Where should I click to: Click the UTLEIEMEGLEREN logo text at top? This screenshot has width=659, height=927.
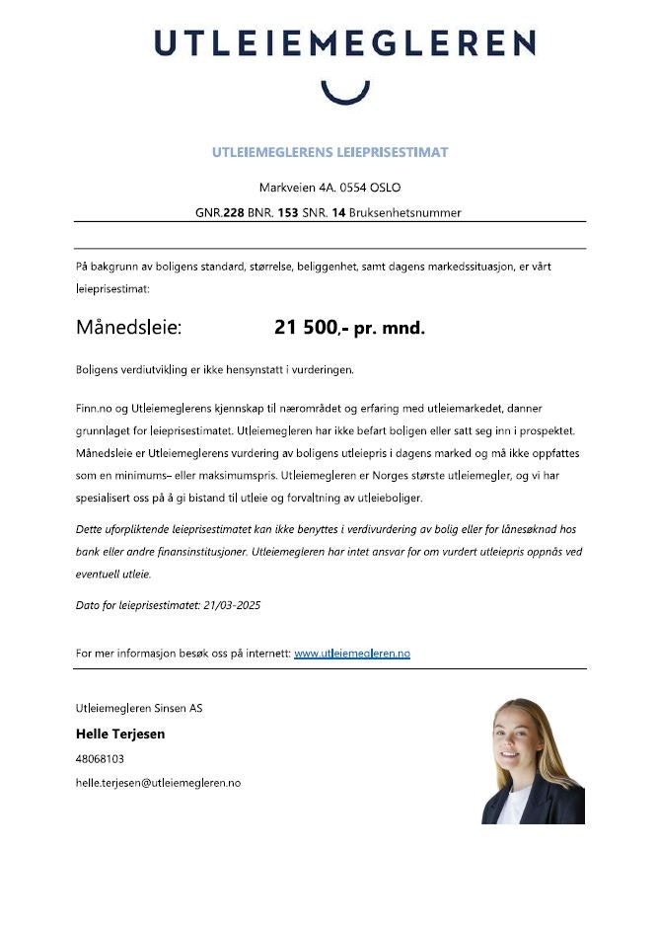pyautogui.click(x=344, y=42)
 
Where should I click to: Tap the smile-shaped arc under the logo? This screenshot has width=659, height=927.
pyautogui.click(x=345, y=92)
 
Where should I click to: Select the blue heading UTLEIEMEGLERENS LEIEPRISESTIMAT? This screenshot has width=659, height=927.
pyautogui.click(x=329, y=152)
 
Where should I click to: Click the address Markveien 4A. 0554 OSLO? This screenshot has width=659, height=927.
pyautogui.click(x=329, y=188)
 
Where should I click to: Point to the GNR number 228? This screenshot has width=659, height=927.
pyautogui.click(x=233, y=212)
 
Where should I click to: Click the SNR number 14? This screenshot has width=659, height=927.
pyautogui.click(x=338, y=212)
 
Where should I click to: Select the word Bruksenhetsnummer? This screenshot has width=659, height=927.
pyautogui.click(x=404, y=212)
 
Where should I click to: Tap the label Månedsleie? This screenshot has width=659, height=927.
pyautogui.click(x=128, y=328)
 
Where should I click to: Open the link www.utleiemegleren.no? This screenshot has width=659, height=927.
pyautogui.click(x=351, y=654)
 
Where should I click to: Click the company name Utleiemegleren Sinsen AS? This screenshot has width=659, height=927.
pyautogui.click(x=139, y=709)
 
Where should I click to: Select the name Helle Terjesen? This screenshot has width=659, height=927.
pyautogui.click(x=120, y=734)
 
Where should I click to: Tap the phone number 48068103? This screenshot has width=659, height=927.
pyautogui.click(x=100, y=759)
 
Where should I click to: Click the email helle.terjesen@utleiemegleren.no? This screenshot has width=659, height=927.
pyautogui.click(x=158, y=783)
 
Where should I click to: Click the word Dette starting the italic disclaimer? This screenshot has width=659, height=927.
pyautogui.click(x=92, y=530)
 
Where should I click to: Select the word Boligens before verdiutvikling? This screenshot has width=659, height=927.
pyautogui.click(x=102, y=369)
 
